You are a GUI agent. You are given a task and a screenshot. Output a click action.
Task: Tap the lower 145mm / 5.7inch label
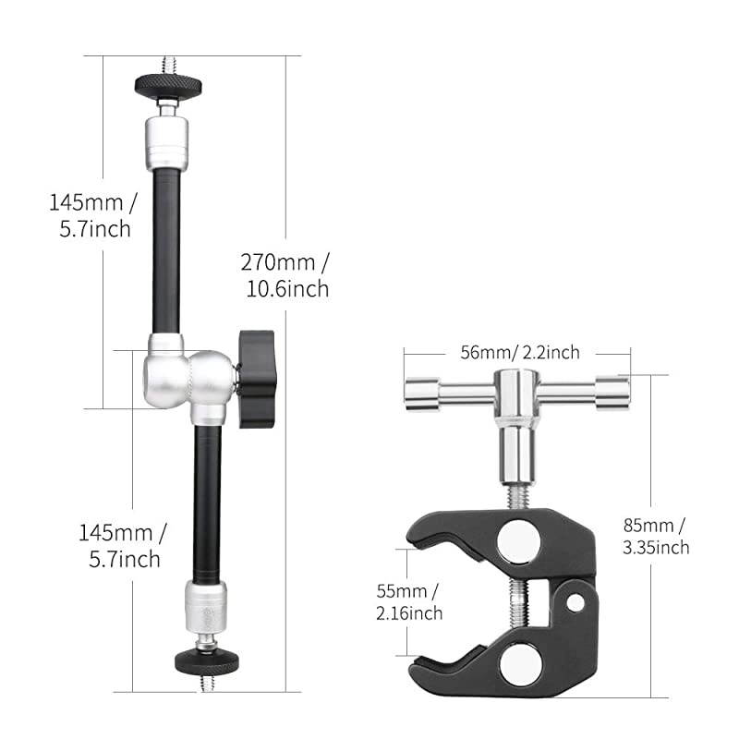121,545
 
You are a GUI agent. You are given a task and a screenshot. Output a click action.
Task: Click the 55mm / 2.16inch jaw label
408,601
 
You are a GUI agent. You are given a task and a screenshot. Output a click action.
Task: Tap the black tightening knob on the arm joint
256,380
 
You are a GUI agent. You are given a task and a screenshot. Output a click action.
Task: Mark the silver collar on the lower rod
203,603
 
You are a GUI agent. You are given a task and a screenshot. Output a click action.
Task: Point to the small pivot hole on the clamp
576,603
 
